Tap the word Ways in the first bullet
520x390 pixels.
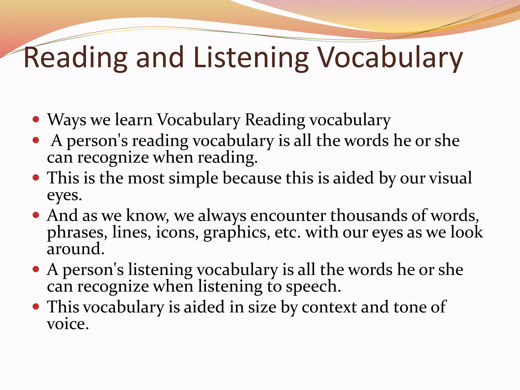point(67,120)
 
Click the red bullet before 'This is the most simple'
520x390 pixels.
point(36,177)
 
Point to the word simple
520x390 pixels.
point(193,178)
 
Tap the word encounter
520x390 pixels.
point(288,216)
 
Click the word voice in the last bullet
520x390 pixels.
point(68,324)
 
